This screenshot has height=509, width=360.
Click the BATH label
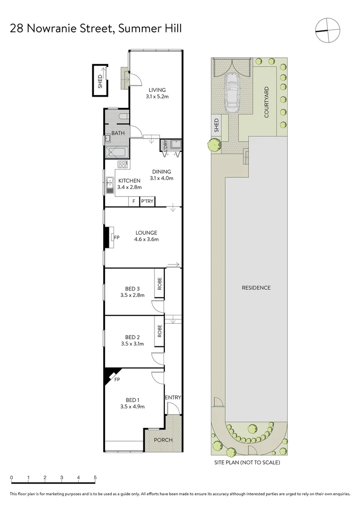tap(118, 133)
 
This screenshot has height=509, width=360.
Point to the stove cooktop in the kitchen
tap(123, 165)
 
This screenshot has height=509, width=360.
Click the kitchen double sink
tap(110, 185)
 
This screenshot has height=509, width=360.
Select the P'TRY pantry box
tap(147, 202)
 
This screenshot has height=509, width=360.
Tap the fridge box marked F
tap(134, 202)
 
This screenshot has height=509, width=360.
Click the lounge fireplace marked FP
tap(113, 238)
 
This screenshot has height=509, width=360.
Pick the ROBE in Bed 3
tap(160, 283)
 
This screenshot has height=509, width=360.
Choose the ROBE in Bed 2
tap(160, 331)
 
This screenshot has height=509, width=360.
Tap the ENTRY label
tap(173, 398)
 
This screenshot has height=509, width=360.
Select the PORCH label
tap(163, 440)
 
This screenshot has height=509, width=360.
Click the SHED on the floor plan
tap(100, 80)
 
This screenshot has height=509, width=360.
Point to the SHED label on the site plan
tap(216, 127)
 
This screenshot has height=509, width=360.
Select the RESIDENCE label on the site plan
tap(256, 288)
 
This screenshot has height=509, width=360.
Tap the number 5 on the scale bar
tap(95, 477)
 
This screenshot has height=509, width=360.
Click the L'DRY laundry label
tap(165, 147)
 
